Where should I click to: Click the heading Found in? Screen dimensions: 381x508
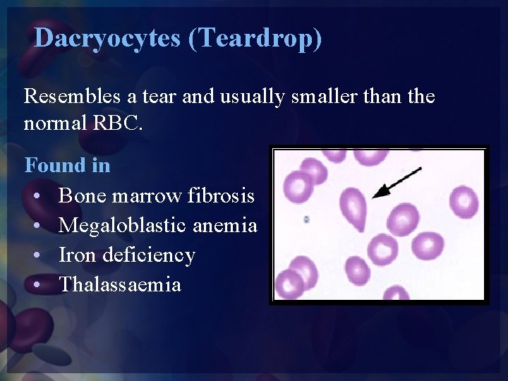(x=68, y=166)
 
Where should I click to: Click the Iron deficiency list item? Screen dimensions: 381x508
(x=127, y=255)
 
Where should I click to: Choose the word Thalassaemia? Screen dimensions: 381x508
(x=120, y=284)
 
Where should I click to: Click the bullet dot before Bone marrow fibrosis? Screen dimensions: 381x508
(x=36, y=196)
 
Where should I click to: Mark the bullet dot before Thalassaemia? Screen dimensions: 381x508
(x=36, y=285)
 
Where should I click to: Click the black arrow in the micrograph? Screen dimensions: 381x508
(x=397, y=181)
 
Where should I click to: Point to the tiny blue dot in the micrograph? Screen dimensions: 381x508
(x=306, y=219)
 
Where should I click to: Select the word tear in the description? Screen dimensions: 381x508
(x=163, y=96)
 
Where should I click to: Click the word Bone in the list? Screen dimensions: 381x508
(x=80, y=195)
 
